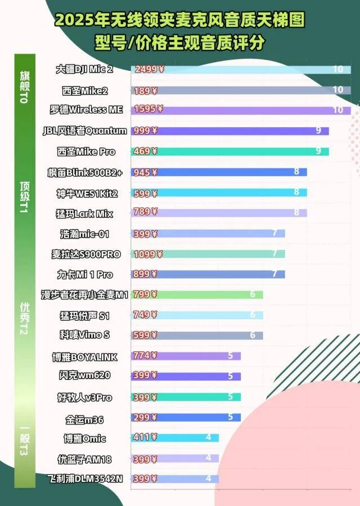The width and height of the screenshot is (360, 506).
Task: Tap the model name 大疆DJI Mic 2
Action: (84, 69)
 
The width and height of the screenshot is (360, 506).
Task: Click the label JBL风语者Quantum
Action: (85, 131)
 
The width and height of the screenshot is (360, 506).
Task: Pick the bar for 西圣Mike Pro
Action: (230, 151)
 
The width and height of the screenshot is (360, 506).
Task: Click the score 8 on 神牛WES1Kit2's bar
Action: (296, 192)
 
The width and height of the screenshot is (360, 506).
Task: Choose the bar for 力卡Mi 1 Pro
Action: (208, 274)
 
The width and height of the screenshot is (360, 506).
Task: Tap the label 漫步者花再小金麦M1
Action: (85, 294)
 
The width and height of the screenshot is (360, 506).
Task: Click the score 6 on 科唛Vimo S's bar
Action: (253, 335)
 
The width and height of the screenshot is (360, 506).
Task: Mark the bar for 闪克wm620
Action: (186, 376)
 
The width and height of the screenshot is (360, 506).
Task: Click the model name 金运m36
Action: (84, 419)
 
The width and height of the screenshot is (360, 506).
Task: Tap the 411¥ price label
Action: (145, 437)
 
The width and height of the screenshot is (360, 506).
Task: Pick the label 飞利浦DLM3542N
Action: (85, 478)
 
